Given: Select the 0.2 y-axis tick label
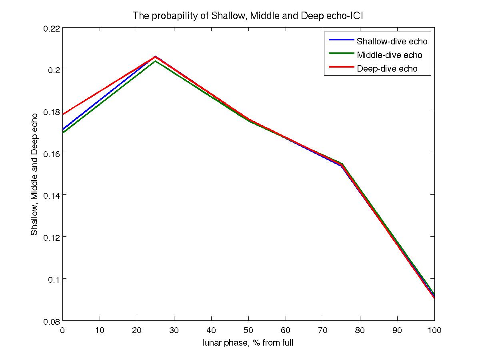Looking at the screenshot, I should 54,70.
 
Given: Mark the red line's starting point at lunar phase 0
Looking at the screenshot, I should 63,114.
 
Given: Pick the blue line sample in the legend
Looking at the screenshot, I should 341,40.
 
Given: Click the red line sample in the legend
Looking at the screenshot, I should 341,67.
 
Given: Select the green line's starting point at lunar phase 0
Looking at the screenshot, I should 63,133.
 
